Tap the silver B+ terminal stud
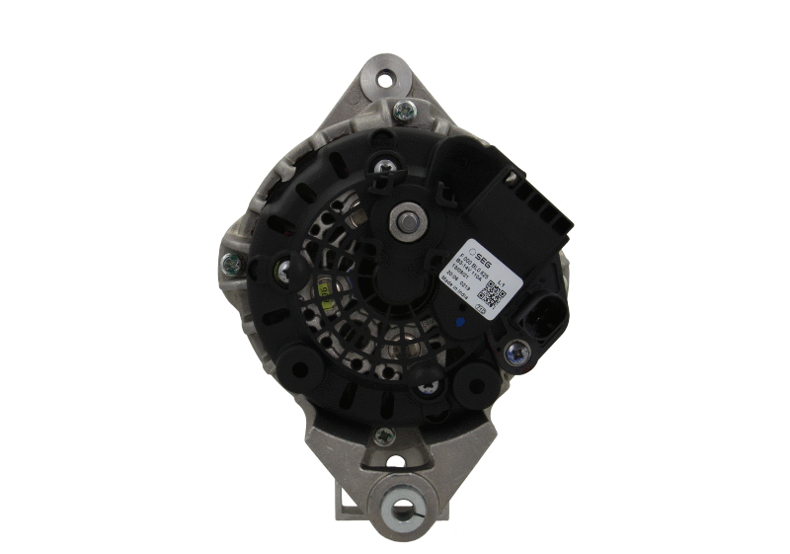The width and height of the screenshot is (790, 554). [x=403, y=221]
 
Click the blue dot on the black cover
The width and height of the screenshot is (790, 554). [x=462, y=321]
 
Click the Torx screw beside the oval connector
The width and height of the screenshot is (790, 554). [x=514, y=351]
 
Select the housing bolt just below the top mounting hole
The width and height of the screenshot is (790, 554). [x=403, y=111]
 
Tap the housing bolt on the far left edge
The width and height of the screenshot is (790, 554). [x=232, y=264]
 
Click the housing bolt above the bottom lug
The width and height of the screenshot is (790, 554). [x=383, y=435]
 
